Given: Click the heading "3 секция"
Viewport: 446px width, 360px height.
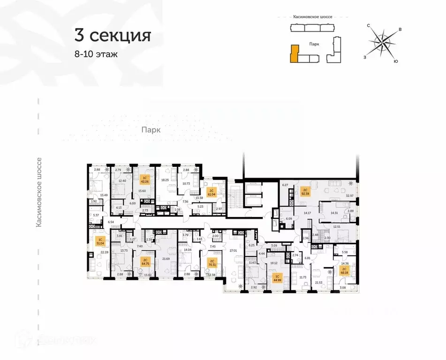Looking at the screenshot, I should (113, 36).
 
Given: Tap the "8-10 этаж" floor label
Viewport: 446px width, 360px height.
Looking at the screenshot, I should (96, 54).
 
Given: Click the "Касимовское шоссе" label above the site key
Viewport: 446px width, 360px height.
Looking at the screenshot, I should (312, 17).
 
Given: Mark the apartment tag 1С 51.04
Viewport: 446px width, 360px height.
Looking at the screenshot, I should (100, 242).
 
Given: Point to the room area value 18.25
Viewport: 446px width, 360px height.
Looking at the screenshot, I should (165, 180).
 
